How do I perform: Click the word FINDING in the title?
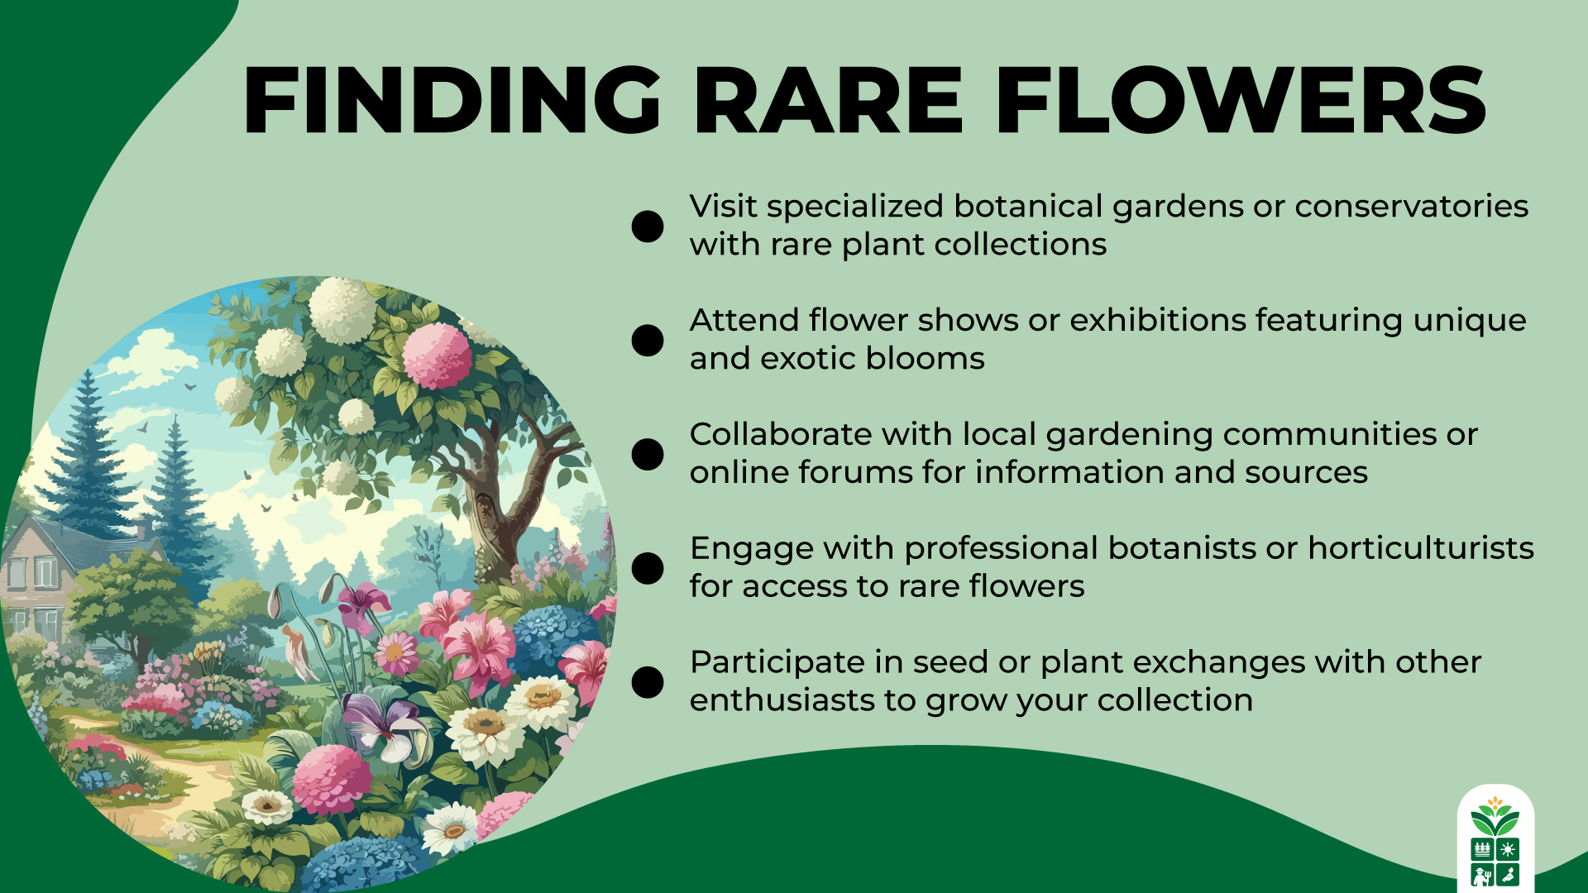(x=452, y=101)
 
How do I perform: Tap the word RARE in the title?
(x=828, y=101)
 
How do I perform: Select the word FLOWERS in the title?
(x=1241, y=101)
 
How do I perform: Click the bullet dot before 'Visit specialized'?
(x=648, y=226)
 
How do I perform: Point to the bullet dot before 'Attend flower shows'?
(x=648, y=340)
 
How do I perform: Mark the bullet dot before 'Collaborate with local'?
(x=648, y=454)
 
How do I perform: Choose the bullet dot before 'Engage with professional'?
(x=648, y=568)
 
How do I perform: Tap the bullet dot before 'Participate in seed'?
(x=648, y=682)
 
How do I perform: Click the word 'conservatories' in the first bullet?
(x=1411, y=207)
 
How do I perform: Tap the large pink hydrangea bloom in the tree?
(x=437, y=356)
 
